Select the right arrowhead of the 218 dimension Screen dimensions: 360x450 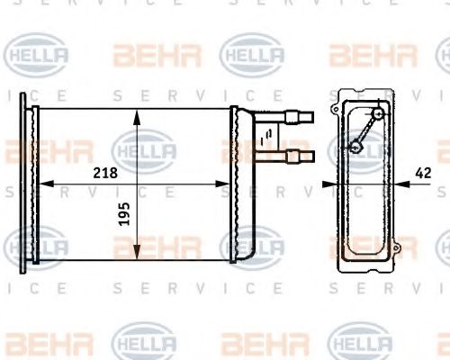tap(229, 184)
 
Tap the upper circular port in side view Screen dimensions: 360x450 tap(379, 114)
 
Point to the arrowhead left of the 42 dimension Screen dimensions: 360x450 tap(329, 184)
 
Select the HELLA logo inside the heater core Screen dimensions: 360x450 tap(144, 148)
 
